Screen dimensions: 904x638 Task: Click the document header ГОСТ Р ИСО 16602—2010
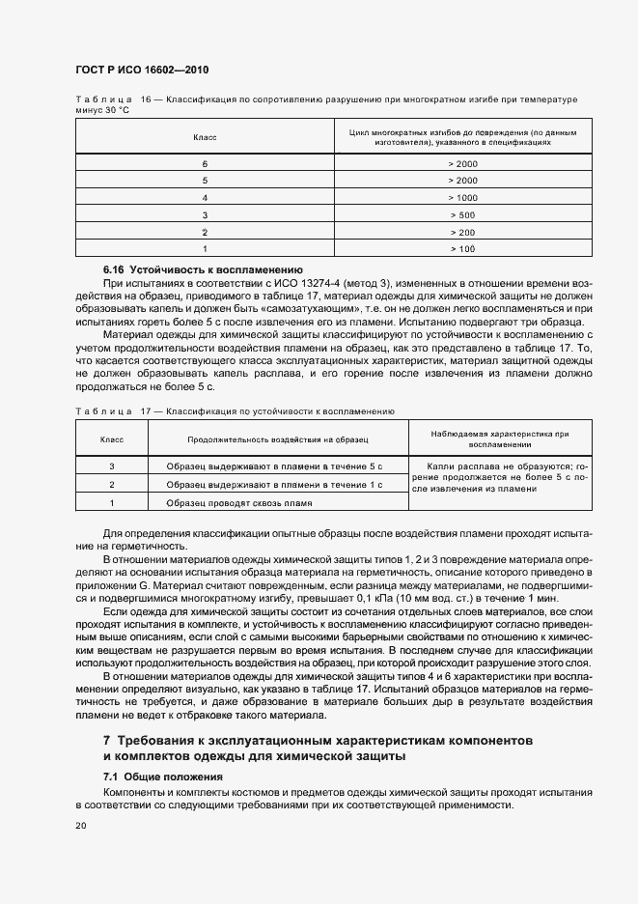pyautogui.click(x=141, y=71)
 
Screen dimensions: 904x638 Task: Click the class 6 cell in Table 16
pyautogui.click(x=205, y=163)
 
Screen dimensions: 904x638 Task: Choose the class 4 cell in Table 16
pyautogui.click(x=205, y=197)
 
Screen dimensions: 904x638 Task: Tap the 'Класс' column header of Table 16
pyautogui.click(x=205, y=137)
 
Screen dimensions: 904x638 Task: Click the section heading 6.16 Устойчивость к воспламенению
pyautogui.click(x=203, y=268)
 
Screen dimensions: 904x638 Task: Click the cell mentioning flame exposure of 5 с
pyautogui.click(x=274, y=466)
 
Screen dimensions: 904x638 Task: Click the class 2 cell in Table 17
pyautogui.click(x=112, y=484)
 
